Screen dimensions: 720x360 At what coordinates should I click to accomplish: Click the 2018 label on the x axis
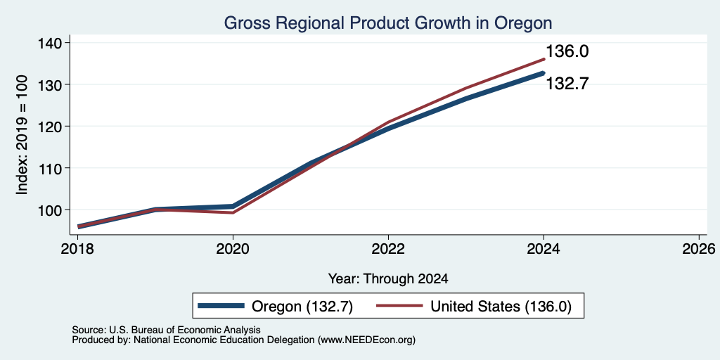(x=77, y=249)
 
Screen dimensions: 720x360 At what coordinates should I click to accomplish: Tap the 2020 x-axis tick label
(x=233, y=249)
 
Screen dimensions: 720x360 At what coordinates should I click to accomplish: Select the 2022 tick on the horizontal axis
(x=388, y=249)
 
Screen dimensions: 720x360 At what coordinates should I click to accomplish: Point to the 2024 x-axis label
(x=544, y=249)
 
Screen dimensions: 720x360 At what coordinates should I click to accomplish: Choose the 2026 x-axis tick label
(x=699, y=249)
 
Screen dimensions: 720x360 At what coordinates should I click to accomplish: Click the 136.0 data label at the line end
(x=567, y=51)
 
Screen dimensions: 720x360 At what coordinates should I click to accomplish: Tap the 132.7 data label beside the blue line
(x=567, y=84)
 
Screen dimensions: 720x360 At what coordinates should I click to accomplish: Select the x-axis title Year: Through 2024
(x=388, y=278)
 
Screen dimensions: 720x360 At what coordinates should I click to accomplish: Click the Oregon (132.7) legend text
(x=302, y=307)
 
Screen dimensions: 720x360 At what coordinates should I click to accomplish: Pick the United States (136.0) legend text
(x=501, y=307)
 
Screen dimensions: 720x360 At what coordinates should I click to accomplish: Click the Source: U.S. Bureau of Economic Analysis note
(x=166, y=330)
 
